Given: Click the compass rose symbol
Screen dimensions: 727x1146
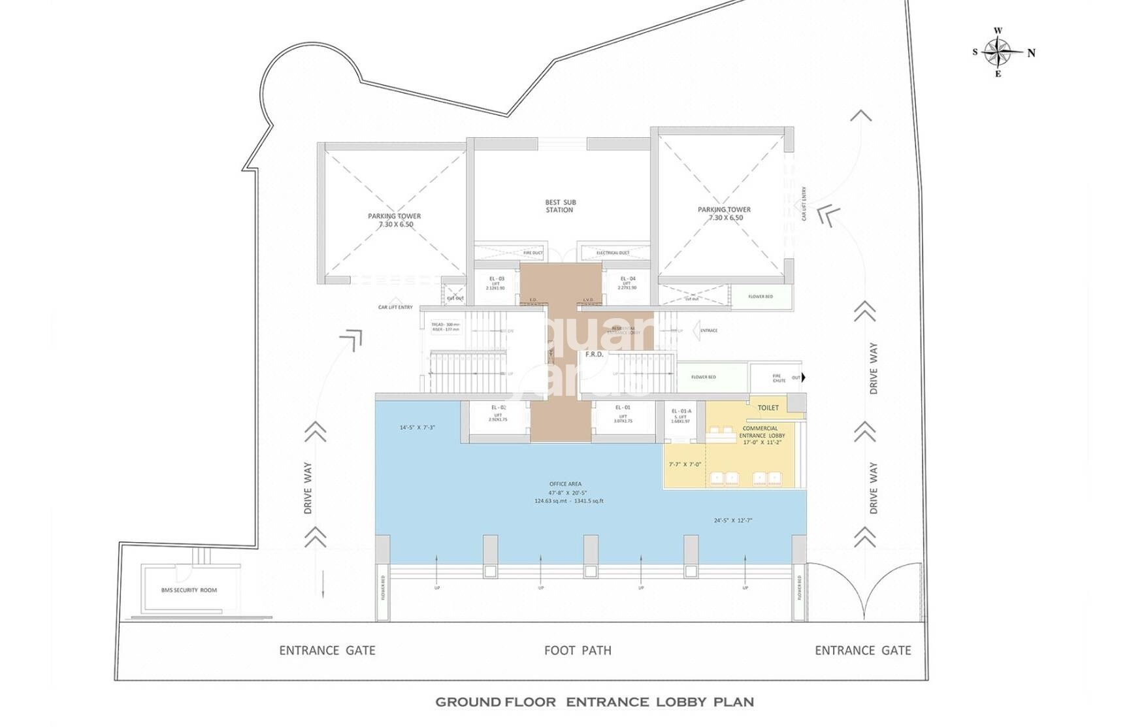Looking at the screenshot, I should tap(998, 52).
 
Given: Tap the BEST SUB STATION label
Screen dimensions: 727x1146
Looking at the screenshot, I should tap(560, 206).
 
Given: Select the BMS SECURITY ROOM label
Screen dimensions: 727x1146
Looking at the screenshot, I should tap(189, 590).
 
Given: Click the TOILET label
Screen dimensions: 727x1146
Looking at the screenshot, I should tap(768, 408).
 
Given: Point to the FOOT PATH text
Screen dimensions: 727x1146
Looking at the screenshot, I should tap(578, 651).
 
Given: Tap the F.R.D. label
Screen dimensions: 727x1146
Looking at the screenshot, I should tap(594, 355).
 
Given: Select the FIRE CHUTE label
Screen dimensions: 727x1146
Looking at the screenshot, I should tap(779, 378).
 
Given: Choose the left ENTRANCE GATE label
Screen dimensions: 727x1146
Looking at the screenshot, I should tap(327, 651).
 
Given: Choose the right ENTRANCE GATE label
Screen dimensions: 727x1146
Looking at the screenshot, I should tap(862, 651).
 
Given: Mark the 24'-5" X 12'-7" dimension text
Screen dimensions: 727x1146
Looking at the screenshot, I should tap(733, 521).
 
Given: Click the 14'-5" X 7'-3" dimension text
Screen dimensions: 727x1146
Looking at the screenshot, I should tap(417, 428).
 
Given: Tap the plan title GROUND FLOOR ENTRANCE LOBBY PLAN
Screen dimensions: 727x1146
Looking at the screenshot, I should tap(594, 702).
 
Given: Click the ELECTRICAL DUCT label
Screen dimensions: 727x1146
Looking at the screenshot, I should tap(612, 253).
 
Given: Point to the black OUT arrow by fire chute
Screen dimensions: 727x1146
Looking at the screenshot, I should tap(803, 378).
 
